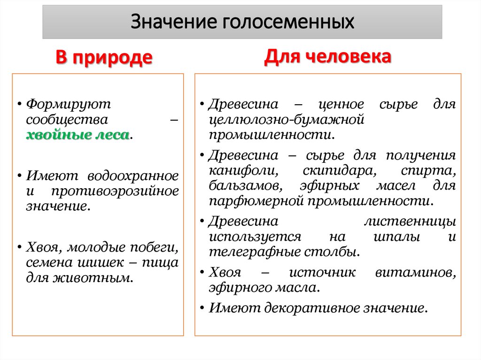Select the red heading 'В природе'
104,58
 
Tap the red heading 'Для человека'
327,57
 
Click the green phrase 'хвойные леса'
78,135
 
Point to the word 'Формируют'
69,104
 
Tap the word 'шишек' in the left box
109,262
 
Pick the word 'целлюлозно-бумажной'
287,119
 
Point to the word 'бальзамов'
245,186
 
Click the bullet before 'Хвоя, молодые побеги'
17,247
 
